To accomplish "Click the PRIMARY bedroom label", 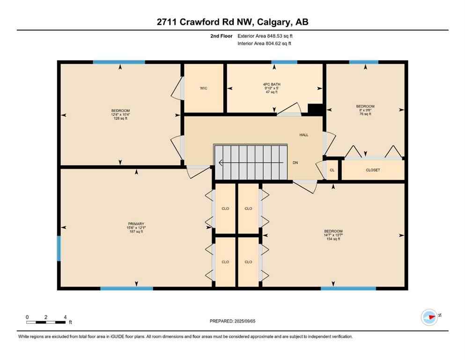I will click(x=136, y=224).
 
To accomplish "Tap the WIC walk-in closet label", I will click(x=203, y=88).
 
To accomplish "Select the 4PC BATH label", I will click(x=272, y=84).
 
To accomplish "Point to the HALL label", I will click(x=304, y=135).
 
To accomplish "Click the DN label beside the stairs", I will click(x=295, y=163).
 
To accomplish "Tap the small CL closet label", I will click(x=332, y=170).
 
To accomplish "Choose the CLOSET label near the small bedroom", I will click(x=373, y=170).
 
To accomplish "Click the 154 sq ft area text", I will click(x=333, y=239).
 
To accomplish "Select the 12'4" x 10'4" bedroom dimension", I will click(x=120, y=115).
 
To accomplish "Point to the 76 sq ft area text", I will click(x=365, y=114).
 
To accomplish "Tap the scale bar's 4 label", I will click(x=65, y=317).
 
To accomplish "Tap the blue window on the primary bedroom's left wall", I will click(x=59, y=248).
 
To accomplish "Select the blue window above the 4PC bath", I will click(x=284, y=62).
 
